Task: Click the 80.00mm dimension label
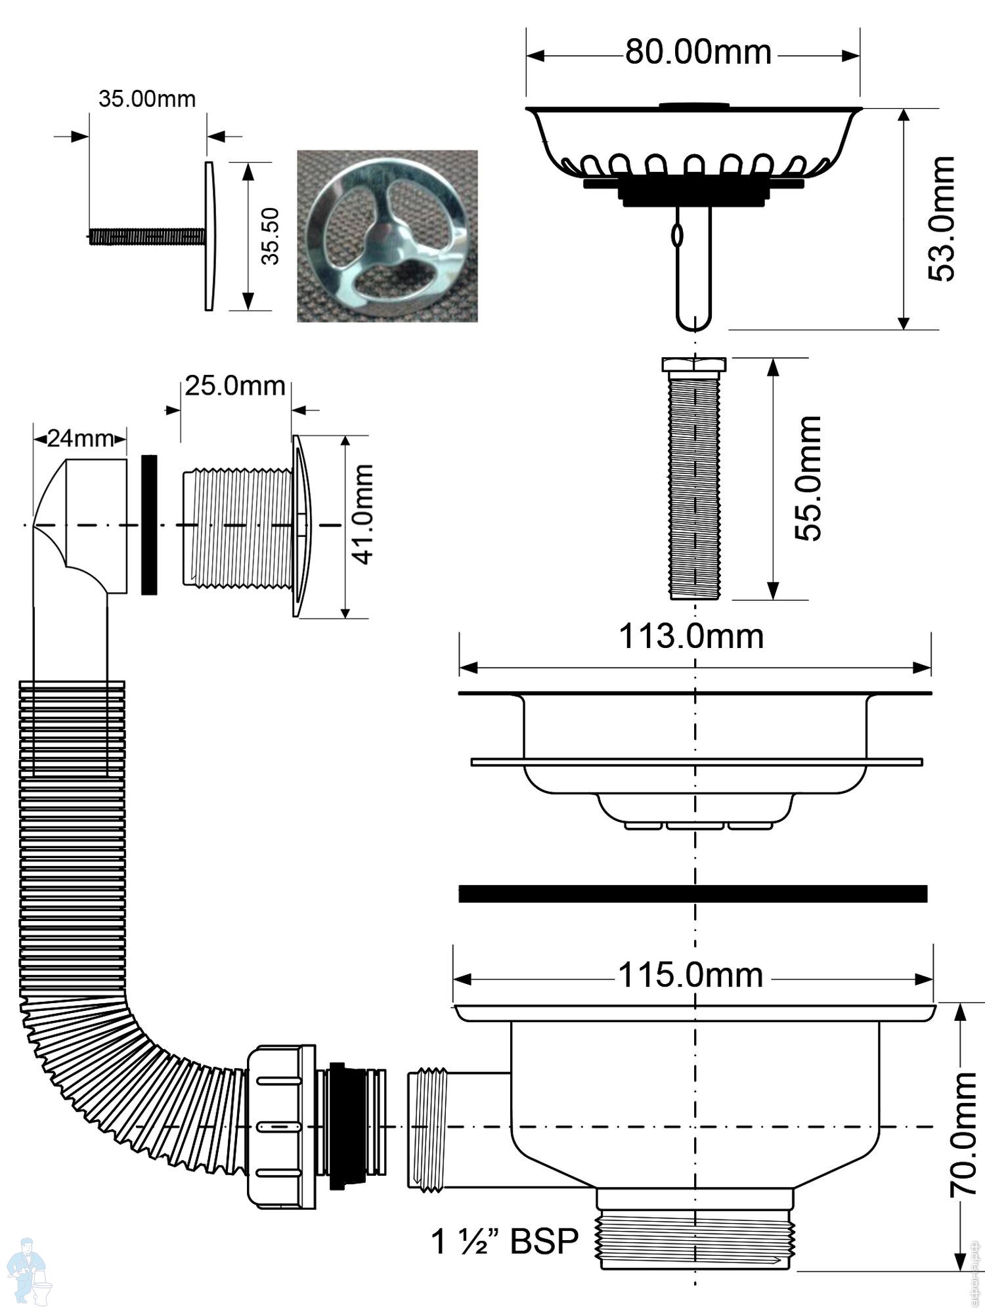697,53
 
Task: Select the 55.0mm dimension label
808,479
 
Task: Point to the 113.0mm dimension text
691,637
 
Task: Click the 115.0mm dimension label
691,976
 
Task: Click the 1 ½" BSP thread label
504,1241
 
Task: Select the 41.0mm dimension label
362,515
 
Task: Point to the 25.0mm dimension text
234,386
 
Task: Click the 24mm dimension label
80,439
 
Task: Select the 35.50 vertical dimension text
270,236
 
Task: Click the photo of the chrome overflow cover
387,236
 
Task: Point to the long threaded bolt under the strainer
694,479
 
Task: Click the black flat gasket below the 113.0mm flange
693,893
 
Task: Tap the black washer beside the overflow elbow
149,525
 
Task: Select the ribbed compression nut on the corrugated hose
282,1127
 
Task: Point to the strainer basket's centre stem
694,266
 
